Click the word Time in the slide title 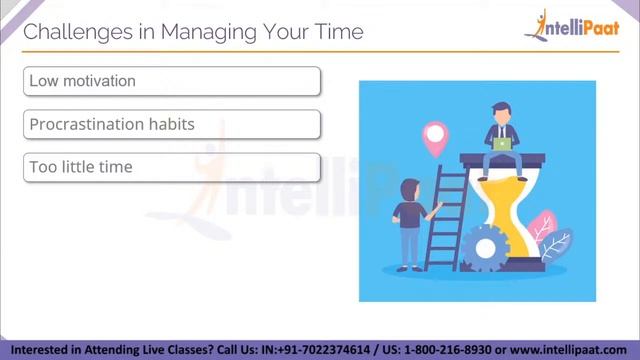[x=338, y=33]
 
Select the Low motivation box [x=171, y=81]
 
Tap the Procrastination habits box [x=171, y=124]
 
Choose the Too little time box [x=171, y=167]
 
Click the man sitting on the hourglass [x=501, y=130]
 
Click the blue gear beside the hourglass [x=486, y=245]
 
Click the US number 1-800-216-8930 [x=448, y=350]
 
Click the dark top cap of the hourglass [x=506, y=158]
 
